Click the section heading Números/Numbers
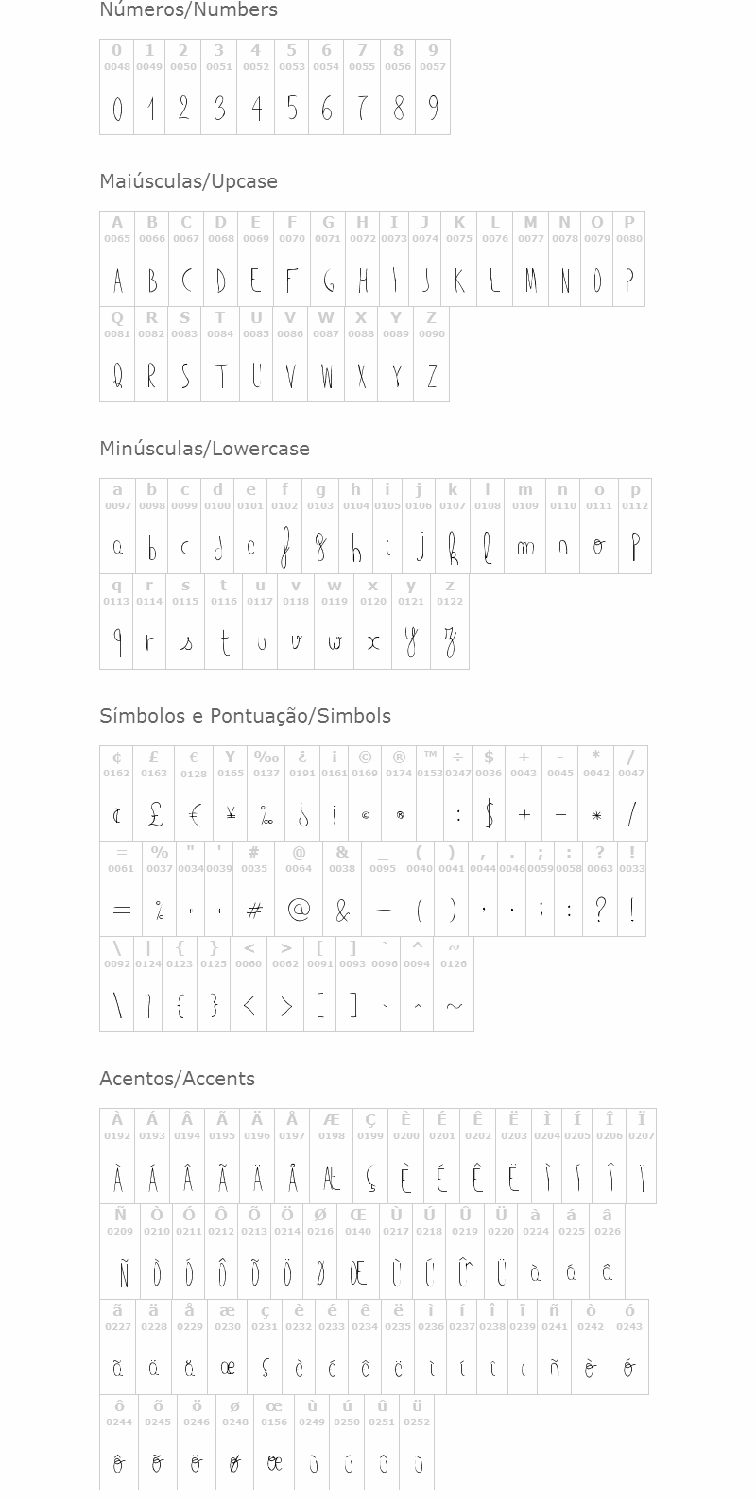point(188,10)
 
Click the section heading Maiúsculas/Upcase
point(188,181)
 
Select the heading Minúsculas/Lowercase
point(204,449)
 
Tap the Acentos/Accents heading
point(177,1079)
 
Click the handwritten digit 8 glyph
point(398,109)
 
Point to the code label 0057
point(433,67)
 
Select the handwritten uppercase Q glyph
point(118,376)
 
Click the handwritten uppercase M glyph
point(530,281)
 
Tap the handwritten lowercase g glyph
point(320,548)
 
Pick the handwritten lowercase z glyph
point(450,643)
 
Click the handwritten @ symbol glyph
point(299,910)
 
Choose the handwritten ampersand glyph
point(342,911)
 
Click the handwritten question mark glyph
point(599,909)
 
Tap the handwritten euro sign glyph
point(194,814)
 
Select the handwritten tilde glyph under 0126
point(454,1006)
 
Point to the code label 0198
point(332,1136)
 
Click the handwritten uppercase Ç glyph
point(370,1179)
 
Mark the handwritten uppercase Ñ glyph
point(121,1273)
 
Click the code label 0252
point(417,1422)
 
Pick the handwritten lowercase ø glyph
point(234,1463)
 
